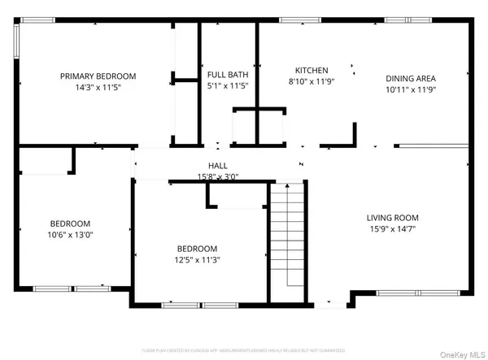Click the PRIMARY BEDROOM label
pos(98,76)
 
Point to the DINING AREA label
pos(410,79)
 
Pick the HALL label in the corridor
pos(217,166)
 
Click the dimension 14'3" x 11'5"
pos(98,87)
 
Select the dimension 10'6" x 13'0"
pos(70,235)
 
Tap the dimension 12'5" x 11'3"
pos(198,260)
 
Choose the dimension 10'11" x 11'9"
pos(410,89)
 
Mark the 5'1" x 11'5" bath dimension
pos(227,85)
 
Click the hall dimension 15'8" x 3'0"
pos(217,176)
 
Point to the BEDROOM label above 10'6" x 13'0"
pos(70,223)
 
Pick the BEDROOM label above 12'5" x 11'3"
pos(198,249)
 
